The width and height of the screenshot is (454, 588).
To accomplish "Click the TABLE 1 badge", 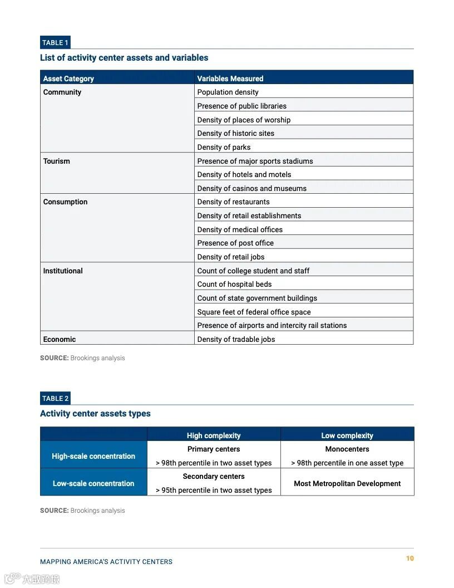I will [x=55, y=42].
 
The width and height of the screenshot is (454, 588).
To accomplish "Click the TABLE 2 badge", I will [x=55, y=398].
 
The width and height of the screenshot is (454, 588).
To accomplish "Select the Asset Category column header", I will [x=68, y=79].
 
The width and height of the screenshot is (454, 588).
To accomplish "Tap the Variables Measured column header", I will [x=230, y=79].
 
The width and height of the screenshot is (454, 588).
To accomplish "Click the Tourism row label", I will [x=57, y=161].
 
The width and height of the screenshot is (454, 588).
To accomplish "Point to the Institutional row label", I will [x=63, y=271].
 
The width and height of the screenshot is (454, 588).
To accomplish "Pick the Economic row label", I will [x=60, y=339].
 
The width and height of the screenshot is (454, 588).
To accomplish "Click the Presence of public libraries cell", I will [x=242, y=106].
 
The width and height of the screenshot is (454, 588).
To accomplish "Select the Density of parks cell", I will [x=224, y=147].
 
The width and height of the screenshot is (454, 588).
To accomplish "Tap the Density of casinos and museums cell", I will [x=252, y=188].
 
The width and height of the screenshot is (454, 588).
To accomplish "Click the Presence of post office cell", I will [x=235, y=243].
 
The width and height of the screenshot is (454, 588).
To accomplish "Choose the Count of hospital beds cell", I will [x=235, y=284].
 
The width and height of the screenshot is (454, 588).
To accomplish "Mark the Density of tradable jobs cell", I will [x=236, y=339].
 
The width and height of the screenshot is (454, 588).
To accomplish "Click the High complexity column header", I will [x=214, y=435].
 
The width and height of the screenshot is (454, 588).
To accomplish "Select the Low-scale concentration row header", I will [x=93, y=483].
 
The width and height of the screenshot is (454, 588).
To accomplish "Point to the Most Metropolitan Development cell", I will [x=347, y=483].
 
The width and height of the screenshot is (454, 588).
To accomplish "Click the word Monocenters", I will [x=347, y=449].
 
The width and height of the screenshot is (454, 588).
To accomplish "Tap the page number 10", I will [x=410, y=558].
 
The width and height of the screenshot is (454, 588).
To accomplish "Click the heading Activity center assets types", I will [x=95, y=414].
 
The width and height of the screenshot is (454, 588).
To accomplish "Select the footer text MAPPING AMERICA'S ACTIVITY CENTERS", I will [x=106, y=562].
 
